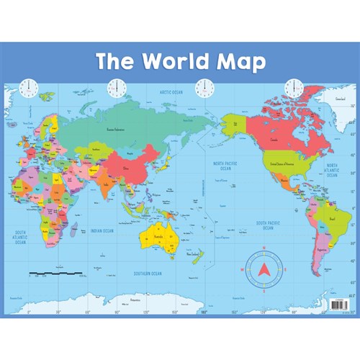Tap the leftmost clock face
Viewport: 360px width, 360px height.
tap(29, 88)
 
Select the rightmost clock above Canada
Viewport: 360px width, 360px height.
tap(294, 88)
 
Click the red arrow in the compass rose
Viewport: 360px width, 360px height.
tap(263, 270)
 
